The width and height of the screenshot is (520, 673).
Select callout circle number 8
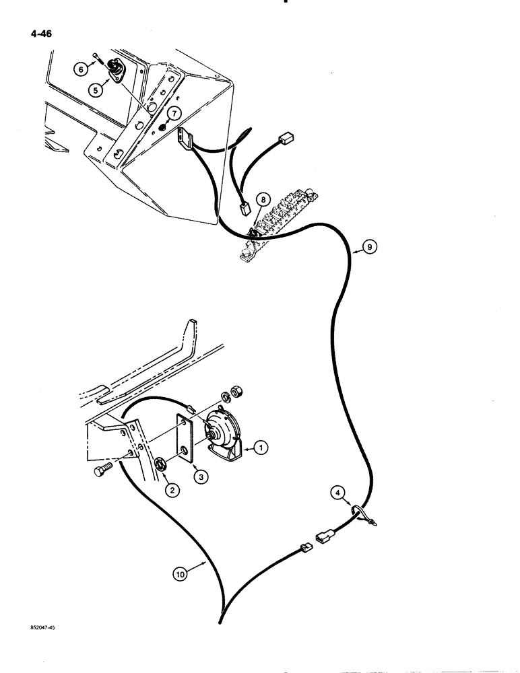pyautogui.click(x=264, y=199)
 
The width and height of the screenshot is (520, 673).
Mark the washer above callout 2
pyautogui.click(x=162, y=464)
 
